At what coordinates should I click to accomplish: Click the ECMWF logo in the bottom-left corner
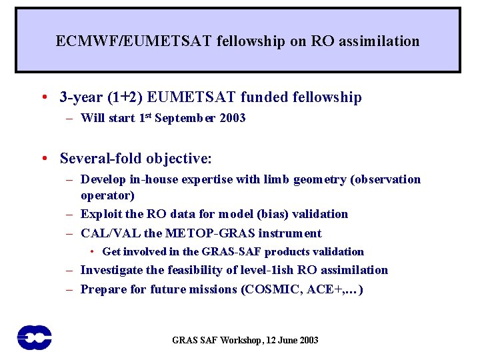pyautogui.click(x=35, y=337)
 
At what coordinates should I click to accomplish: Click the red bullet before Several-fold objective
pyautogui.click(x=43, y=159)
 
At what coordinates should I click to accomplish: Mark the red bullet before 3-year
pyautogui.click(x=43, y=98)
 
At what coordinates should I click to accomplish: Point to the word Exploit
pyautogui.click(x=101, y=214)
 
